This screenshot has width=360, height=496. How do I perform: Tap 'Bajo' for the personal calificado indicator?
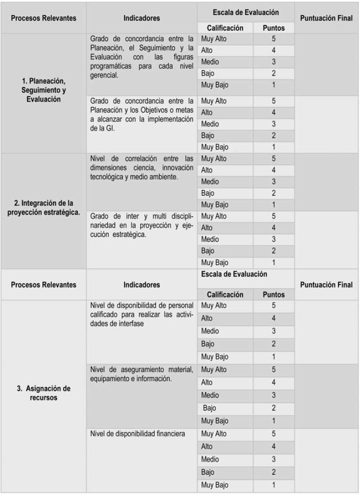coord(208,344)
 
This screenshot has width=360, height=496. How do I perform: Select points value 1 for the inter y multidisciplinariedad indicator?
coord(274,262)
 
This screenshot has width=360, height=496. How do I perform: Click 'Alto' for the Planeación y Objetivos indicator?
coord(206,112)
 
